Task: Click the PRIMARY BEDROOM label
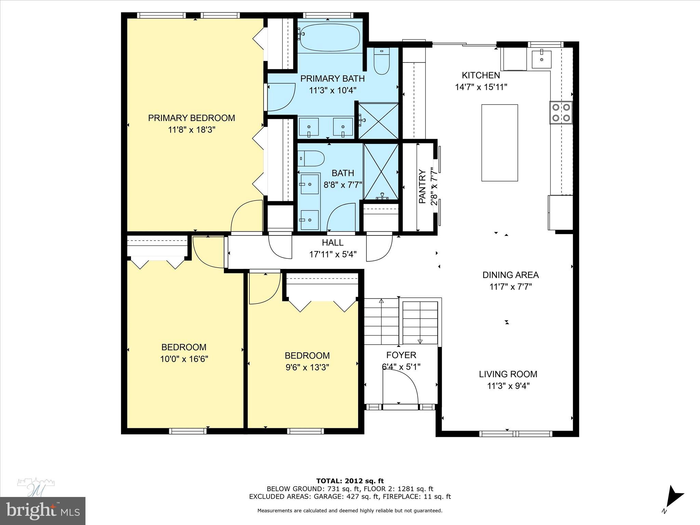coord(191,118)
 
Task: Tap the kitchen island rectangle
coord(499,143)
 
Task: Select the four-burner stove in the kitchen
coord(561,112)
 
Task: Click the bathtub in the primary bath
coord(330,37)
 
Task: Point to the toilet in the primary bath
coord(382,62)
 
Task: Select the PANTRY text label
coord(422,187)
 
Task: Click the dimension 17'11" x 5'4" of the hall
coord(333,254)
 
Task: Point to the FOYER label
coord(401,355)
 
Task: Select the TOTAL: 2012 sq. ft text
coord(350,481)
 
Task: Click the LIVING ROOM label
coord(508,374)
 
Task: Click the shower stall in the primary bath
coord(378,121)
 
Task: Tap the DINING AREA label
coord(510,275)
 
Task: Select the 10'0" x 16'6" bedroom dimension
coord(184,359)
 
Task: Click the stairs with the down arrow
coord(420,323)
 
